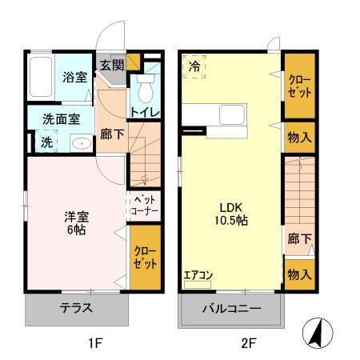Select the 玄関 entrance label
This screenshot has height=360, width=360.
coord(111,65)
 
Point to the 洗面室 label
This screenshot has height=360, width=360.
coord(61,118)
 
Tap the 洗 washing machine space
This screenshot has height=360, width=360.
coord(46,143)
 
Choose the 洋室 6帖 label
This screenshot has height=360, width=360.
coord(76,222)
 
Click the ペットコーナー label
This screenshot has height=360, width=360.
coord(145,204)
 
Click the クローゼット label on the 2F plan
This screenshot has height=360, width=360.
coord(298,86)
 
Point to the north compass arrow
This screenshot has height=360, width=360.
coord(319,333)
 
